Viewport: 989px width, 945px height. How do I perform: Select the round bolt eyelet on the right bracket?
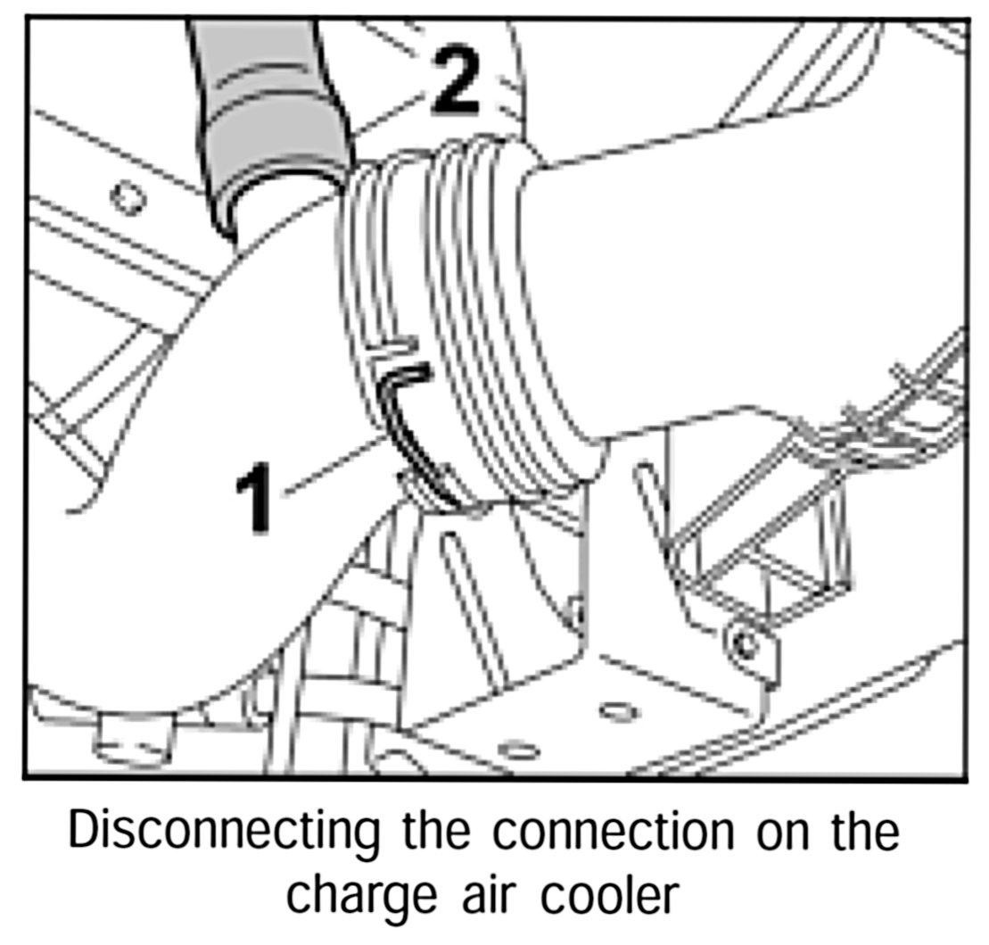[742, 641]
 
